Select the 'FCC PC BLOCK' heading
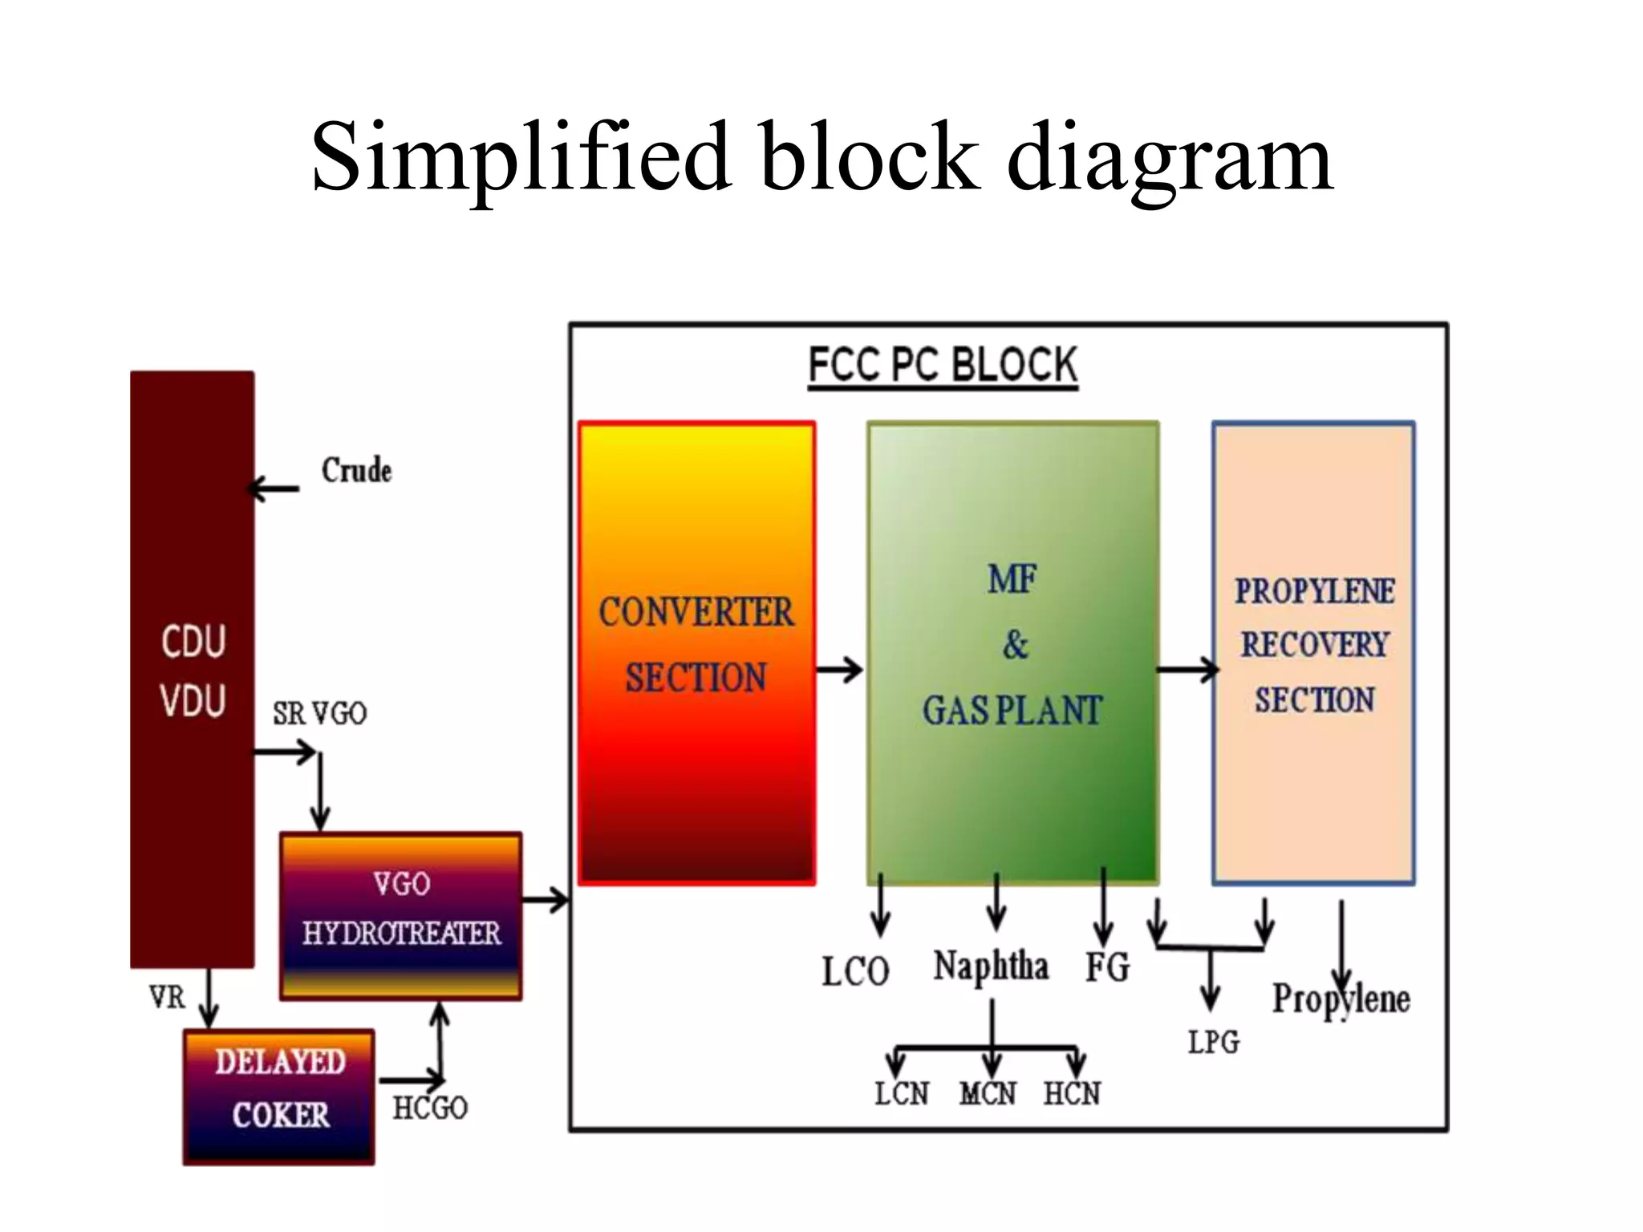click(x=943, y=365)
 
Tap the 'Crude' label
click(x=356, y=470)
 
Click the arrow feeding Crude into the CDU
click(x=274, y=488)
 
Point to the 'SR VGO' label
click(x=319, y=713)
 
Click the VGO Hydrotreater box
click(x=401, y=916)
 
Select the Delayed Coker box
click(x=279, y=1096)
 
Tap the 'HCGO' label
click(x=430, y=1108)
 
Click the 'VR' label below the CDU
click(x=167, y=998)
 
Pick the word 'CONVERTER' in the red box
click(x=696, y=613)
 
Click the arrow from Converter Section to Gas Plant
click(x=840, y=669)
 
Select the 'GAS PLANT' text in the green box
click(x=1012, y=711)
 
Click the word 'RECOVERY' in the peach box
click(x=1314, y=645)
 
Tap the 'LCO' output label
click(x=855, y=971)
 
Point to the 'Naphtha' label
click(x=991, y=966)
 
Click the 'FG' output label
click(x=1107, y=967)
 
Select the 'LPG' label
click(x=1213, y=1042)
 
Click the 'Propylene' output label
click(x=1341, y=999)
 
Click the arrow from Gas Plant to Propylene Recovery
click(x=1187, y=669)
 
